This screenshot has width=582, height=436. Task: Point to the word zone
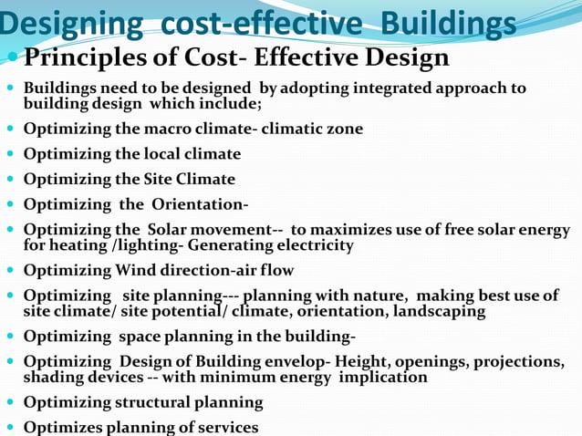[344, 129]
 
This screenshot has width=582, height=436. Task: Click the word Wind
[137, 270]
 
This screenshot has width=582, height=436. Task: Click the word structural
[156, 402]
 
